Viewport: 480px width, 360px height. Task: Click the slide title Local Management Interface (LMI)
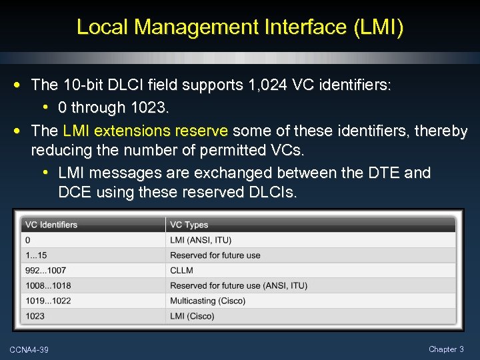[240, 27]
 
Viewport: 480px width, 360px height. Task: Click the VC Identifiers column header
[51, 225]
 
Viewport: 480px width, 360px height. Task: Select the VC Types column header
[189, 225]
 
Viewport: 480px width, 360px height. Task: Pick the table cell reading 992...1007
[45, 271]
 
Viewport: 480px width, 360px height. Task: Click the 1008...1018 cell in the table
[48, 285]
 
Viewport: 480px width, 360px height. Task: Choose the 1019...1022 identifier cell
[48, 301]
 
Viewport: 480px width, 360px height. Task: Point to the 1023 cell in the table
[35, 316]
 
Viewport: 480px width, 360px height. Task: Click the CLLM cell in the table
[181, 271]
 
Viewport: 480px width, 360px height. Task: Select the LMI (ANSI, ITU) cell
[201, 240]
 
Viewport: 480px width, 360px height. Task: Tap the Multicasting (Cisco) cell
[207, 301]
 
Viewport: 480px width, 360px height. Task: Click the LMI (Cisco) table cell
[192, 316]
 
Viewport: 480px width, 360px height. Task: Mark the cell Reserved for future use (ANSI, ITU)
[239, 285]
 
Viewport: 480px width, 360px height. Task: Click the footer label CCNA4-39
[29, 350]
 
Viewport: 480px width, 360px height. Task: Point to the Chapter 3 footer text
[447, 349]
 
